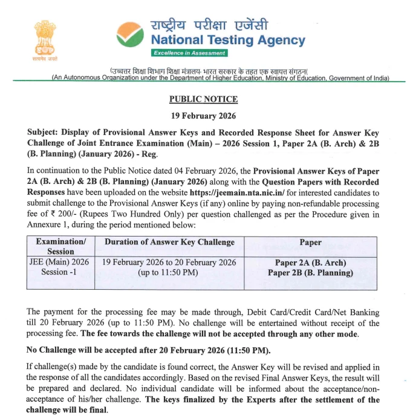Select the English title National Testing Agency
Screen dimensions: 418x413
click(228, 41)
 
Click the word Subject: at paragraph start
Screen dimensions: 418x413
click(45, 132)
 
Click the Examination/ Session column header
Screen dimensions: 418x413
click(60, 246)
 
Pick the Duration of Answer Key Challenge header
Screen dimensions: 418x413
click(169, 242)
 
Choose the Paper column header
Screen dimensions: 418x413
click(310, 242)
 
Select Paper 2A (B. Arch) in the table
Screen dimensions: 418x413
click(310, 263)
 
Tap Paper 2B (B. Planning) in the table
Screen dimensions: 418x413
click(310, 272)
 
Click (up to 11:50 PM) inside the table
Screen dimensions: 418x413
click(169, 272)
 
